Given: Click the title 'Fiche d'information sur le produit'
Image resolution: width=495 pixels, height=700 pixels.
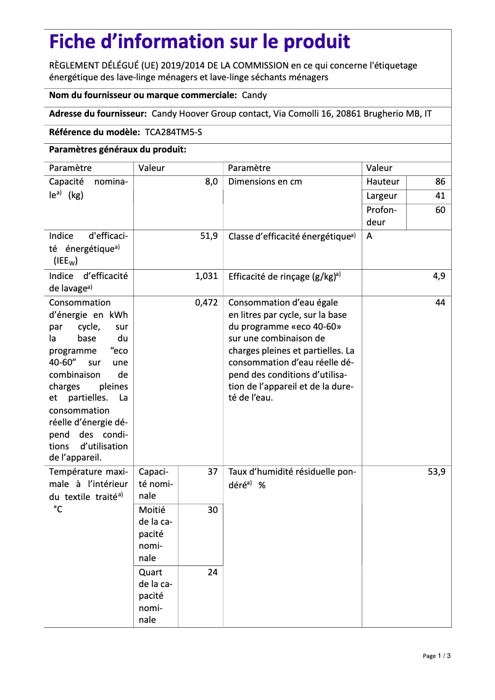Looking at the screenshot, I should pos(199,42).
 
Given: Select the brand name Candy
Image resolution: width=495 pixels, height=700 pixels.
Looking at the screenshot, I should pos(254,96).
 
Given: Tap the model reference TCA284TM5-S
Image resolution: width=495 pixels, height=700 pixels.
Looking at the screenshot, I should pos(173,132).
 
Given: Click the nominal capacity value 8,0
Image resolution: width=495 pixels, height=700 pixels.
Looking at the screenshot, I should pos(211,182).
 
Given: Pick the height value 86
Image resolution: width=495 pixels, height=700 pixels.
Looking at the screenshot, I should pos(439,182).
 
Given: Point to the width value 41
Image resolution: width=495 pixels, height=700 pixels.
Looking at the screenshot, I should pos(439,196).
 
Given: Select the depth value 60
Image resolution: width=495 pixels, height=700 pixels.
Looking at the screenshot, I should pos(439,210).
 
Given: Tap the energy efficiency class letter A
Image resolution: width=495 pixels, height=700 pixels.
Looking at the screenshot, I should pos(369,236).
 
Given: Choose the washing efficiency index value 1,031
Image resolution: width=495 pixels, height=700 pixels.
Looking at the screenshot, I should pos(206,277).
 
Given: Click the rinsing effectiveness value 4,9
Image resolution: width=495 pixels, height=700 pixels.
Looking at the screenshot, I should pos(438,277).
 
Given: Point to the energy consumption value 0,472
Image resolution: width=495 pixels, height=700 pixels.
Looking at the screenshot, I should pos(206,303).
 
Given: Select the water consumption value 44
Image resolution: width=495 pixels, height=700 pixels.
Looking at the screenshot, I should pos(439,303).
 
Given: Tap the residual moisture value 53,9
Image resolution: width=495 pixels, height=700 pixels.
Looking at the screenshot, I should pos(436,472).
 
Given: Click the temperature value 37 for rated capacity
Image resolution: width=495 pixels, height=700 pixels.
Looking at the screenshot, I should pos(212,472).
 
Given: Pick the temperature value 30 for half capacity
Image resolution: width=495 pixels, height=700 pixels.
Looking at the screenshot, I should pos(212,510).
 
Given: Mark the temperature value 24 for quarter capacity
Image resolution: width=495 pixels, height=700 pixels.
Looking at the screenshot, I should pos(212,573).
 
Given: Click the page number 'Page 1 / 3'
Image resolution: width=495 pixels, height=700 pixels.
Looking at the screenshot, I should pos(436,656).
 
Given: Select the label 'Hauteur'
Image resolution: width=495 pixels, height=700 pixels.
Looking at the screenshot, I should pos(383,182).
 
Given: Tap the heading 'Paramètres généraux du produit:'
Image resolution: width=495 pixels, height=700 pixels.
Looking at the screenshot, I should pos(117,150).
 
